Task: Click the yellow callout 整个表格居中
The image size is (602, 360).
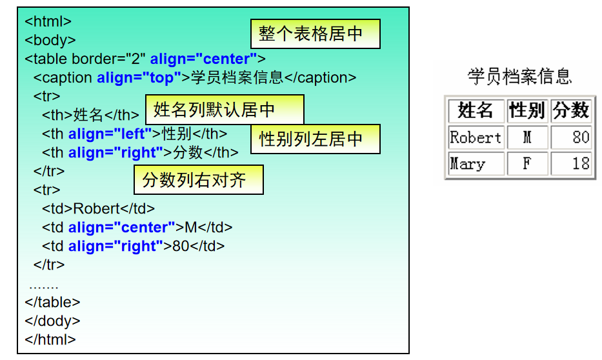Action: click(x=315, y=34)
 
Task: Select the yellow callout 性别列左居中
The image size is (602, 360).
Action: click(x=315, y=139)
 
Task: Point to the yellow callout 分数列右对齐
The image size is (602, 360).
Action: click(x=198, y=179)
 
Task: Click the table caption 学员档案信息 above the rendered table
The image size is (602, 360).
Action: click(x=519, y=77)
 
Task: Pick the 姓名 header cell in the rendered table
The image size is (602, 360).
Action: click(x=476, y=111)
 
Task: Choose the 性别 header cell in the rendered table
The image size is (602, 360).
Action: click(x=527, y=111)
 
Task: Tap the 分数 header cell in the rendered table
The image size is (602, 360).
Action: click(x=571, y=111)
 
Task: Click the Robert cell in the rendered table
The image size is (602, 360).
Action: click(x=476, y=137)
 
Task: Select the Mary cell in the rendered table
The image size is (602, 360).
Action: click(x=476, y=164)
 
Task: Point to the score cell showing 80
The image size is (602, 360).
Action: click(x=571, y=137)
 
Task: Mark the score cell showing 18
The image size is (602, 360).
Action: click(x=571, y=164)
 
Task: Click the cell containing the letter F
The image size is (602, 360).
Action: click(x=527, y=164)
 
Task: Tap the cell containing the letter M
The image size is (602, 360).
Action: click(x=527, y=137)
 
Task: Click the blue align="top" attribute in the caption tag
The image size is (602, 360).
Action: click(x=139, y=78)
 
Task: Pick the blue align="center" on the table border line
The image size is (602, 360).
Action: click(x=203, y=59)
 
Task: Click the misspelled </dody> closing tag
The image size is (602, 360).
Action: click(x=52, y=321)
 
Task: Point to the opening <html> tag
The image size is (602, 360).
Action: click(x=48, y=21)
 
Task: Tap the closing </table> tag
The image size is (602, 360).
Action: click(x=52, y=302)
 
